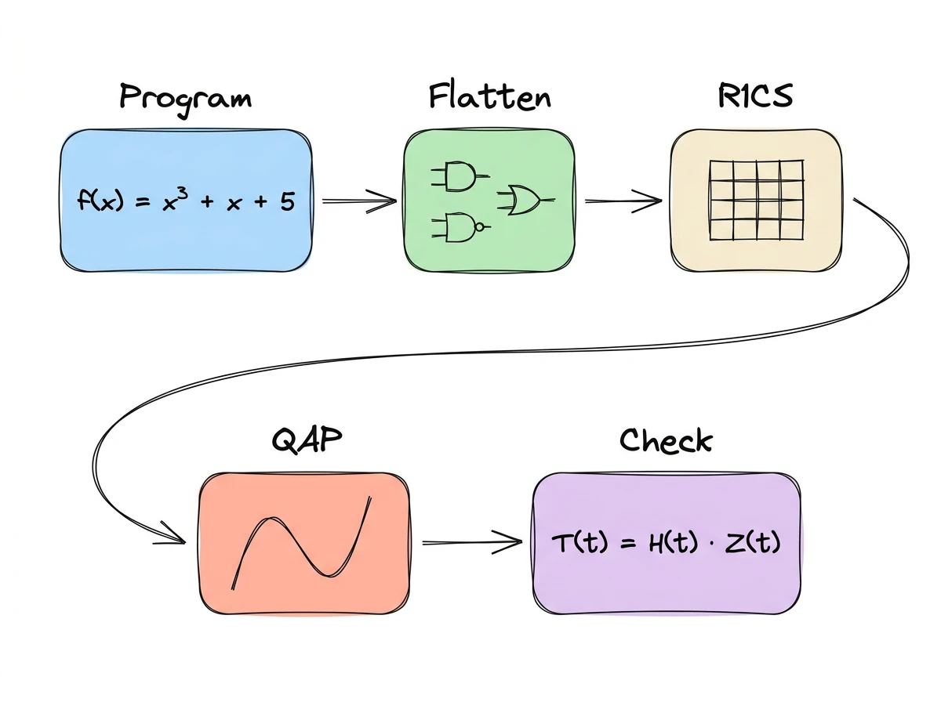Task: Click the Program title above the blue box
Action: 186,99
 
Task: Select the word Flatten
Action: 489,97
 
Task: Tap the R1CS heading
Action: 755,96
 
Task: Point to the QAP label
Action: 307,440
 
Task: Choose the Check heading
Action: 666,440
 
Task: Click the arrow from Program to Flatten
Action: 359,201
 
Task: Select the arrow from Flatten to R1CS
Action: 623,201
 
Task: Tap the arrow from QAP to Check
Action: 472,541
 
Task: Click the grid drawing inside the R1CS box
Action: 756,200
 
